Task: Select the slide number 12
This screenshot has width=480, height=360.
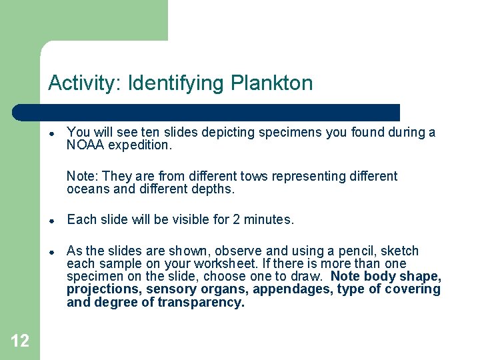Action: [x=20, y=341]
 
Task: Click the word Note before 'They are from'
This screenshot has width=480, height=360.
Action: [x=81, y=176]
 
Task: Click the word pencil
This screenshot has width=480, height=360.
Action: [x=385, y=251]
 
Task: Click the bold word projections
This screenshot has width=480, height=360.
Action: [x=102, y=289]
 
